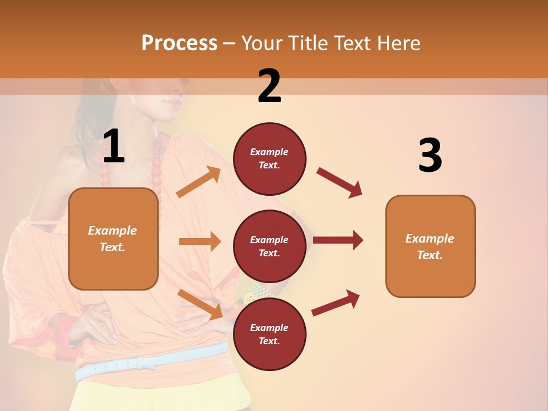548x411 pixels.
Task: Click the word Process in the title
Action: [x=179, y=43]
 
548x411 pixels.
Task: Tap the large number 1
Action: [x=114, y=147]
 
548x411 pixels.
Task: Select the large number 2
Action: [x=269, y=86]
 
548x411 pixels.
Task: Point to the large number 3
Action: [x=430, y=156]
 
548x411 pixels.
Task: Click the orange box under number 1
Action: [x=113, y=239]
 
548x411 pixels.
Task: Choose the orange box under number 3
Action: [x=430, y=246]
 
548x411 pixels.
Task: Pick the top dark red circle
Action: [x=269, y=159]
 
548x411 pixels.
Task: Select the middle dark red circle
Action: [x=269, y=246]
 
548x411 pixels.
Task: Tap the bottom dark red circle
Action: [x=269, y=334]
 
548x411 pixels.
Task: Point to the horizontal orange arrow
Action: [x=200, y=241]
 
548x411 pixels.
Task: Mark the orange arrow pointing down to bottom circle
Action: [x=200, y=304]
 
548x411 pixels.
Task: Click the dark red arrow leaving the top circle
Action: [x=340, y=182]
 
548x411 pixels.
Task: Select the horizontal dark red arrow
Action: [x=338, y=240]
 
